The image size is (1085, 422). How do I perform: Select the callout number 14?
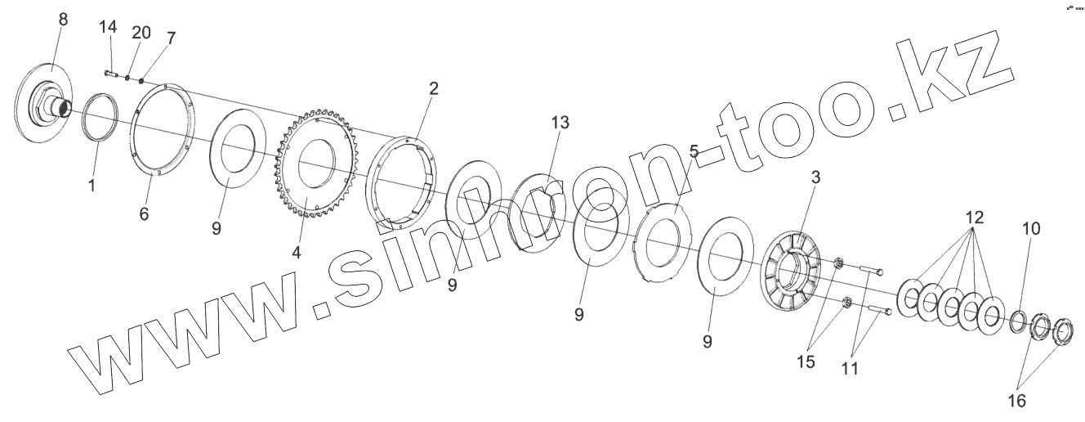(109, 27)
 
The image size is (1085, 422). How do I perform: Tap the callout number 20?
(141, 33)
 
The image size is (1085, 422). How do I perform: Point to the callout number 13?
(560, 123)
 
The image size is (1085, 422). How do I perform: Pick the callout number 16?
(1016, 400)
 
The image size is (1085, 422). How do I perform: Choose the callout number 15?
(806, 361)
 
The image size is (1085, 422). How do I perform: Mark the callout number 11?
(850, 368)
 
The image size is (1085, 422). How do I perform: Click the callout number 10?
(1031, 229)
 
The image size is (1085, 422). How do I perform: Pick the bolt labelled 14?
(112, 74)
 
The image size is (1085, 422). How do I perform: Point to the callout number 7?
(170, 38)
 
